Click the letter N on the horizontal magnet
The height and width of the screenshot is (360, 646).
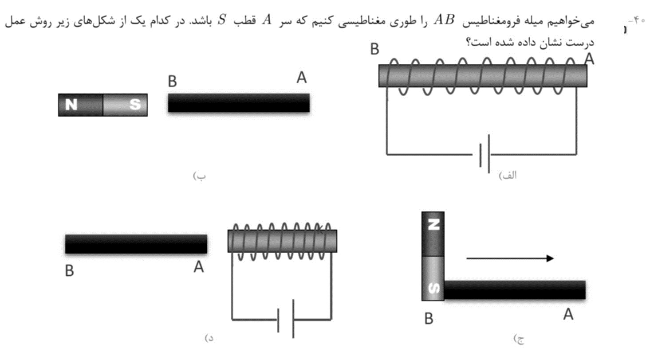[x=71, y=105]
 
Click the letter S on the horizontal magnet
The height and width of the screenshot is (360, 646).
[x=135, y=104]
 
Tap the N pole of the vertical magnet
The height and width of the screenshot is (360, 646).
[x=433, y=234]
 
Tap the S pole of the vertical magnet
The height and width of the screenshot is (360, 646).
[x=433, y=278]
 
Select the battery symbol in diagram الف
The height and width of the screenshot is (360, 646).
[x=485, y=154]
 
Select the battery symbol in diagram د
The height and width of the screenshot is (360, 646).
[x=286, y=319]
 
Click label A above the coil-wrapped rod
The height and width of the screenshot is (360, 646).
[x=590, y=59]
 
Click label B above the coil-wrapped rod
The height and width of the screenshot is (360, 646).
[x=374, y=49]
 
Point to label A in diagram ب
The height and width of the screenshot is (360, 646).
[x=302, y=77]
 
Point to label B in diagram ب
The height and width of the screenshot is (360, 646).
[x=173, y=81]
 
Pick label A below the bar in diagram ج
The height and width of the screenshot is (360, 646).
[x=568, y=314]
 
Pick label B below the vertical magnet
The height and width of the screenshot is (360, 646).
[x=429, y=319]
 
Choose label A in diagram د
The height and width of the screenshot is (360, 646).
[x=199, y=267]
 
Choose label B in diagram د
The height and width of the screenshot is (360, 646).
[x=70, y=270]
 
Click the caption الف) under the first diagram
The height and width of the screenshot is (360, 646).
[x=508, y=175]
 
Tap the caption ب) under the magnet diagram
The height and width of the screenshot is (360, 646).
[x=199, y=176]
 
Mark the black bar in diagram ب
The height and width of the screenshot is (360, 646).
[x=239, y=102]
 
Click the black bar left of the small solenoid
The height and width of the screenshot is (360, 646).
[x=136, y=244]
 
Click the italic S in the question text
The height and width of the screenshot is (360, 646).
[x=222, y=20]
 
